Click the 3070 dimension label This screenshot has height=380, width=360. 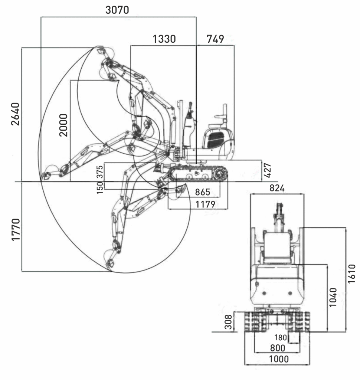117,10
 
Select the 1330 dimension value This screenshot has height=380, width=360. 164,39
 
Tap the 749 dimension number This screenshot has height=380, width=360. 215,39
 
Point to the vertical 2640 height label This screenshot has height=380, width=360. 16,114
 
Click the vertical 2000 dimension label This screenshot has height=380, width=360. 63,125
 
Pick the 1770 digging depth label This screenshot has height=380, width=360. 16,229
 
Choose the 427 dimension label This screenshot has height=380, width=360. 267,170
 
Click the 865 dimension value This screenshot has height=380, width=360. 202,192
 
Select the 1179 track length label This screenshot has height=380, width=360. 205,204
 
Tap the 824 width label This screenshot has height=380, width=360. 277,188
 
